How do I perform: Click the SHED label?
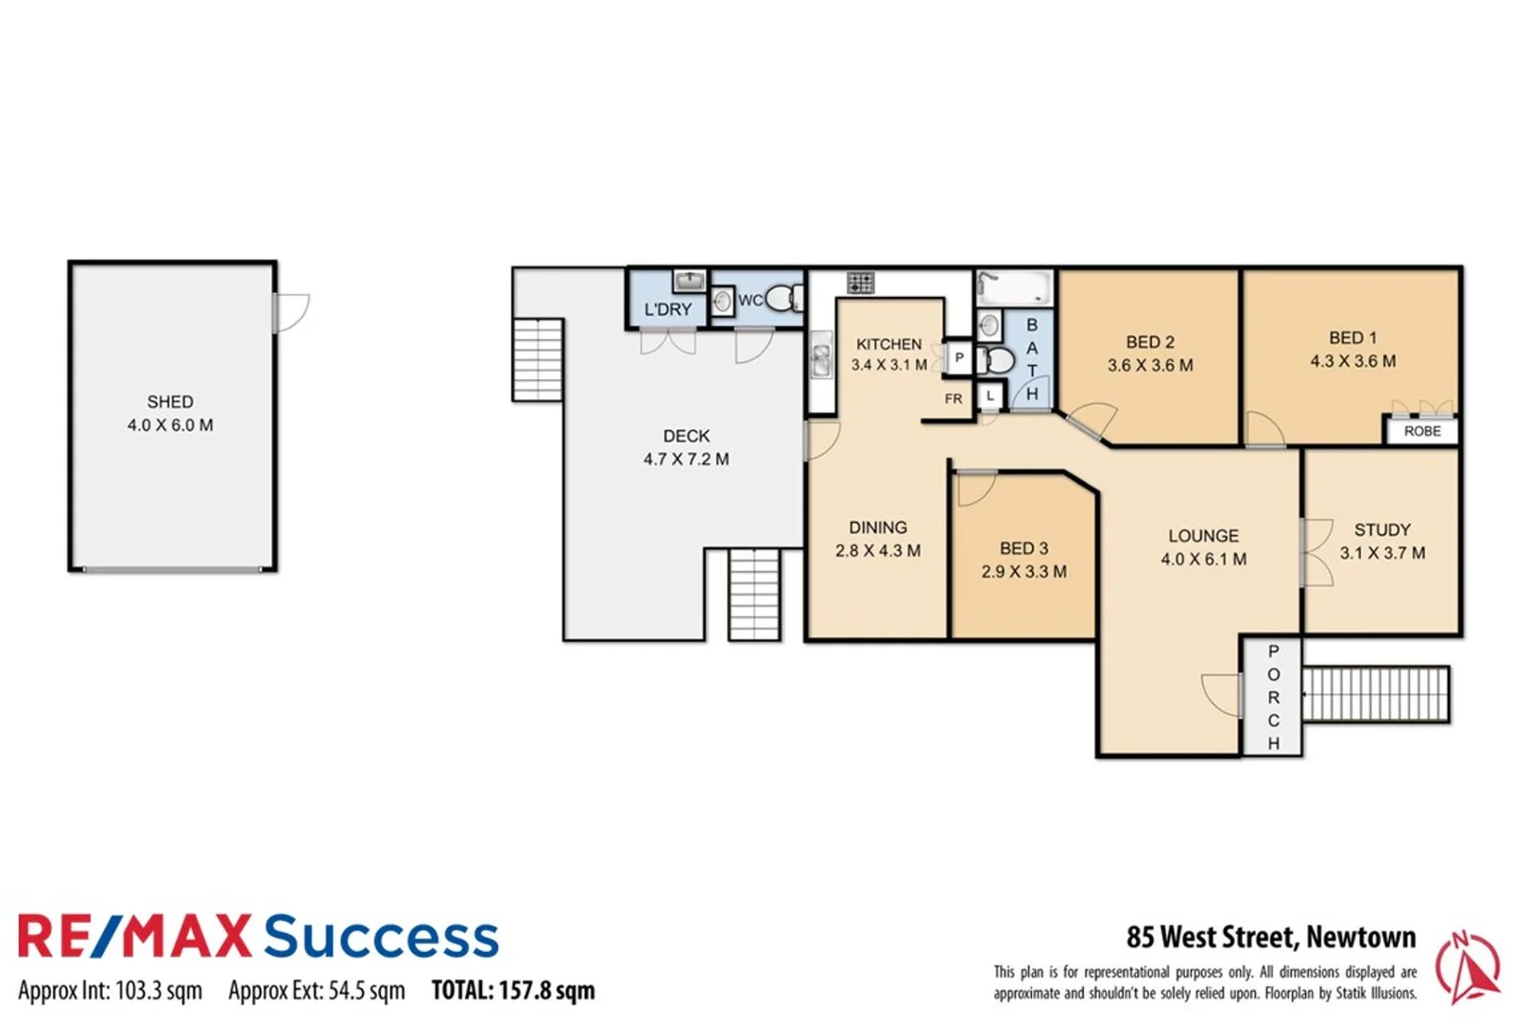(x=170, y=402)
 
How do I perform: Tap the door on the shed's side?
(x=291, y=313)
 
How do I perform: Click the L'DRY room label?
(x=668, y=309)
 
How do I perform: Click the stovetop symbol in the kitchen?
(x=860, y=282)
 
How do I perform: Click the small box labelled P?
(x=959, y=357)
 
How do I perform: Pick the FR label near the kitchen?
(x=954, y=399)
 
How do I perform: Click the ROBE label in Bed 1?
(x=1422, y=431)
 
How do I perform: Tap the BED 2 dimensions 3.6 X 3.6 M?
(x=1150, y=366)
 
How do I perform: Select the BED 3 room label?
(x=1023, y=548)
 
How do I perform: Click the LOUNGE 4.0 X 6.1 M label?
(x=1203, y=547)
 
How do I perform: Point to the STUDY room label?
(x=1382, y=530)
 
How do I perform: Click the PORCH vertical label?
(x=1273, y=697)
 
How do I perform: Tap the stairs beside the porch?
(x=1375, y=695)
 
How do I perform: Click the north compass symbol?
(x=1467, y=966)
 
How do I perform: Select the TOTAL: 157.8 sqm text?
(x=513, y=991)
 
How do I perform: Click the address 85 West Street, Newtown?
(x=1271, y=937)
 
